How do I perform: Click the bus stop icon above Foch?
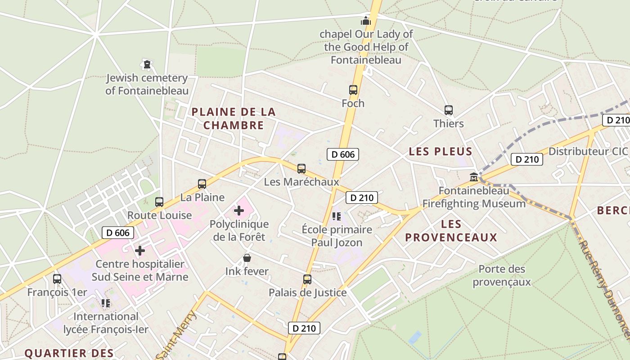353,90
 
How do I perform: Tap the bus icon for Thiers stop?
448,110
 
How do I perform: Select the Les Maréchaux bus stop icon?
301,169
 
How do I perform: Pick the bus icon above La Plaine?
202,184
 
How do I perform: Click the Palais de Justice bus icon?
307,279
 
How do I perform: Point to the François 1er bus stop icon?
57,279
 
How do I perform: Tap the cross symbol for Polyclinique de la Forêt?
239,210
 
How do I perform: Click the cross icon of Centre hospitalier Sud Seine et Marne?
140,250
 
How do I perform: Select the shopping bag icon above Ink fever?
247,258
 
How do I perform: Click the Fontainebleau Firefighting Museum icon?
474,177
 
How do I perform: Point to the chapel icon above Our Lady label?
365,21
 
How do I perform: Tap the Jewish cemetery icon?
147,65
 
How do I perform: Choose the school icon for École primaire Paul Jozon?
337,216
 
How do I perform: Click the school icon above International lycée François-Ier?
106,303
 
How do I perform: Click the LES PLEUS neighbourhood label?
441,152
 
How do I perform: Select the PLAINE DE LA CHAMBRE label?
234,118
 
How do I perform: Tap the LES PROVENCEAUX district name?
451,231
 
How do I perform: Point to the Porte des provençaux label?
502,275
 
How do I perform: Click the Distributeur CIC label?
587,151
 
